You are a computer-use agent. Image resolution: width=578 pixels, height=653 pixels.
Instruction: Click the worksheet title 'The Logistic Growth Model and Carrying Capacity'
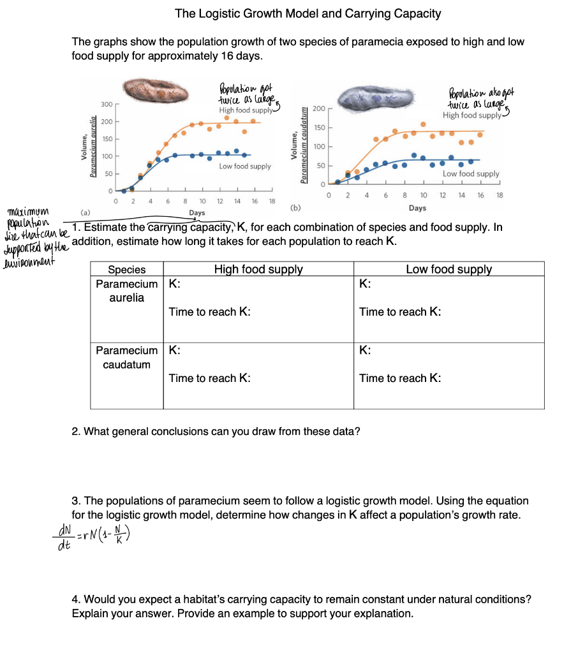pyautogui.click(x=308, y=13)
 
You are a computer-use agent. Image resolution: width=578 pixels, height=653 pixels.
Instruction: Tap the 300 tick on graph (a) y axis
pyautogui.click(x=107, y=104)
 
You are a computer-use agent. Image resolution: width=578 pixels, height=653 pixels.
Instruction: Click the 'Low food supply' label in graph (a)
pyautogui.click(x=245, y=166)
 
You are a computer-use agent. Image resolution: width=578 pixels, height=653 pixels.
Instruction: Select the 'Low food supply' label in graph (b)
pyautogui.click(x=471, y=173)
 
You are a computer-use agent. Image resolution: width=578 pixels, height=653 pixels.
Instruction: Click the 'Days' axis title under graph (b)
pyautogui.click(x=417, y=209)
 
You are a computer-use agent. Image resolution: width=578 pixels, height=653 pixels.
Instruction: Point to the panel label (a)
pyautogui.click(x=85, y=208)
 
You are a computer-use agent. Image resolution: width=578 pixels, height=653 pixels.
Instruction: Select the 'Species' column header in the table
pyautogui.click(x=126, y=270)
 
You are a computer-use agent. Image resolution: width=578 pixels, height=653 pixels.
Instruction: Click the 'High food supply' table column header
pyautogui.click(x=258, y=269)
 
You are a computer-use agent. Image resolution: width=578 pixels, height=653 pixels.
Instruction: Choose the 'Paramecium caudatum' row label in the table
pyautogui.click(x=126, y=358)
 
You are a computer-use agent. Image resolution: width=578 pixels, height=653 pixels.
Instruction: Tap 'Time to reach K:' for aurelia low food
pyautogui.click(x=400, y=312)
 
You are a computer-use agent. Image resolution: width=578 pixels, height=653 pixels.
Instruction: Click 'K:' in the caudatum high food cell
pyautogui.click(x=174, y=350)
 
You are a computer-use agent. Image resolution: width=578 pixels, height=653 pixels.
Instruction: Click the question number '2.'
pyautogui.click(x=76, y=432)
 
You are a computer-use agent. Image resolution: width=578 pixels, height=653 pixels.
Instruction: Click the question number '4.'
pyautogui.click(x=76, y=599)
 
